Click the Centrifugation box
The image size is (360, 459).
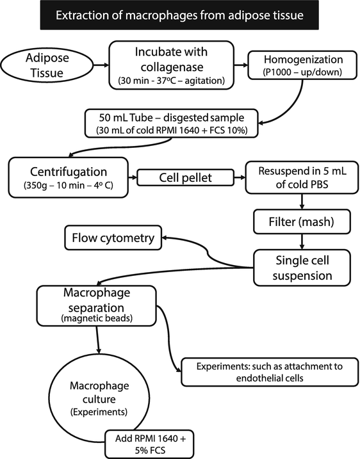point(69,177)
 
